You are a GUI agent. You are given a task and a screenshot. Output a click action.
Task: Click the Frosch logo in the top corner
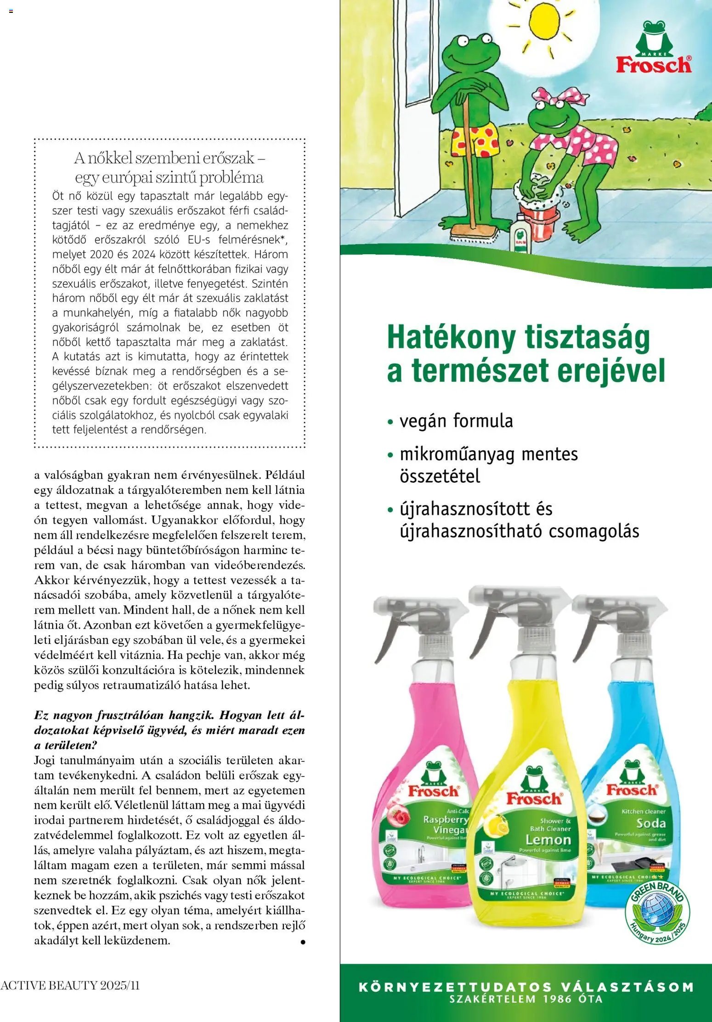click(653, 49)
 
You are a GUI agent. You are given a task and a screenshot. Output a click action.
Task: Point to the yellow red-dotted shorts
click(475, 140)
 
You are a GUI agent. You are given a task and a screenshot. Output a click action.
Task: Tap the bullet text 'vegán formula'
click(456, 421)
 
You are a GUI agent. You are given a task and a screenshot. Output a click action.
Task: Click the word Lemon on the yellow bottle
click(548, 840)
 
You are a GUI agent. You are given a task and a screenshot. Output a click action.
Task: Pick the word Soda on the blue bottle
click(651, 823)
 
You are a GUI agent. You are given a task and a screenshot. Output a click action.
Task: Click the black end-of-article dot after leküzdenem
click(302, 943)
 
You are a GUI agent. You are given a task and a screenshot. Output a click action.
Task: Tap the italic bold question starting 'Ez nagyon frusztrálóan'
click(169, 730)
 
